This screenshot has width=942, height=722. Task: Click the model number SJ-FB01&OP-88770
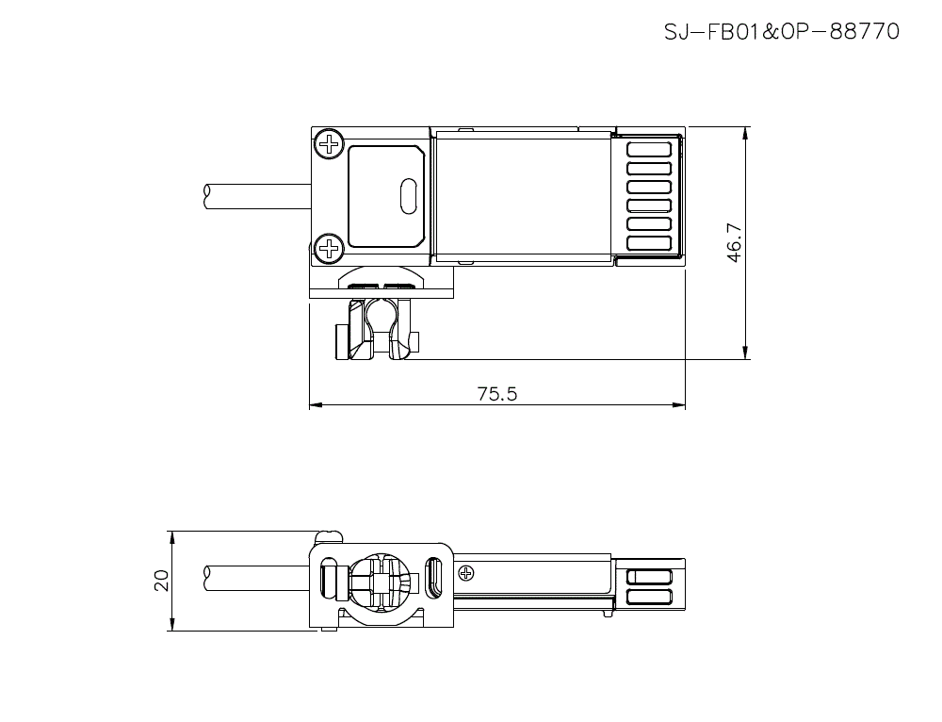[781, 32]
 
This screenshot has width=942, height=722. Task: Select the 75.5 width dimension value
[496, 394]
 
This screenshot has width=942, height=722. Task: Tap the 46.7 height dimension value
[735, 242]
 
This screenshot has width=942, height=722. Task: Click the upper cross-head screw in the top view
[329, 144]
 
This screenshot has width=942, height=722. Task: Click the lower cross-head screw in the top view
[329, 248]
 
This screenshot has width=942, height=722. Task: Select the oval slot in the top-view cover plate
[408, 196]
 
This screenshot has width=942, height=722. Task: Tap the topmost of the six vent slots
[649, 149]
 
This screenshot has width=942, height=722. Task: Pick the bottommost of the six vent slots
[649, 243]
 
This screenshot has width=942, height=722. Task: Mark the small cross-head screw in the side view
[465, 572]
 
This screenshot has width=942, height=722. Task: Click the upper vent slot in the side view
[649, 578]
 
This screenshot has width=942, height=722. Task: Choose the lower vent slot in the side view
[649, 597]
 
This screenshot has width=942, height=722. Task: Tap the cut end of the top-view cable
[207, 196]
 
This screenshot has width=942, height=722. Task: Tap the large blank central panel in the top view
[522, 196]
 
